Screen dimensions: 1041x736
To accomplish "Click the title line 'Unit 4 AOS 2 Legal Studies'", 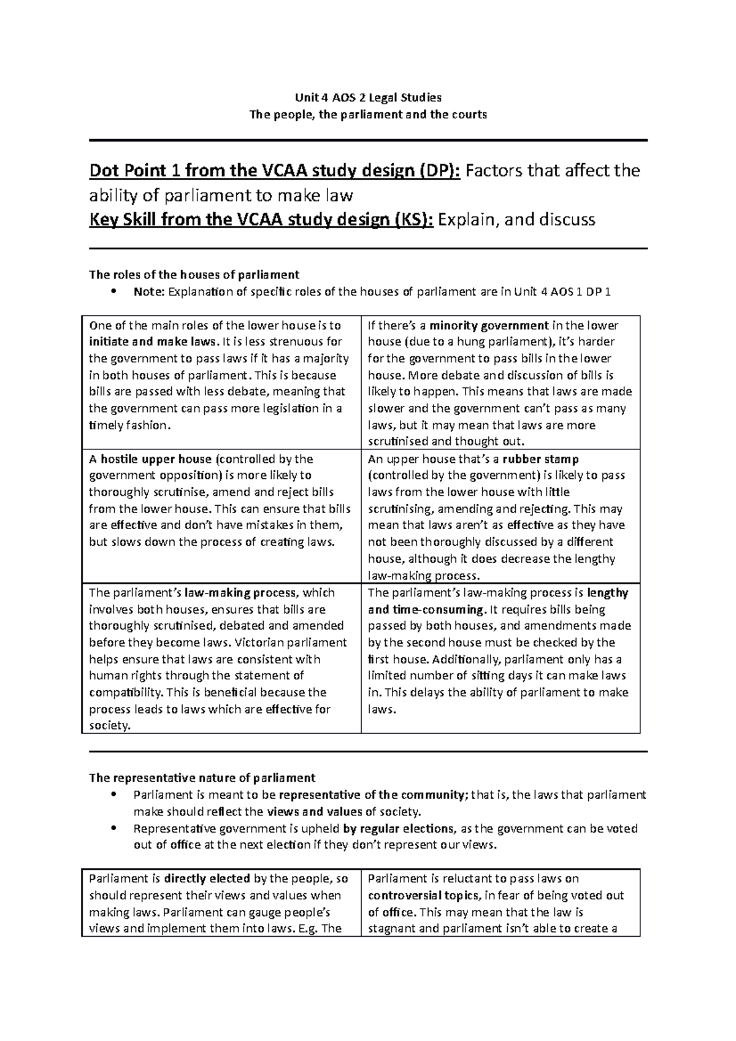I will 368,97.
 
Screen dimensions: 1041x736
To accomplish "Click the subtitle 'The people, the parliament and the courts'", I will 368,114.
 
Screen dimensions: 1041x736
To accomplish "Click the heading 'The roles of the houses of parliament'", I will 194,275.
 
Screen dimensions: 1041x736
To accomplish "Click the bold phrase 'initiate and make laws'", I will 151,341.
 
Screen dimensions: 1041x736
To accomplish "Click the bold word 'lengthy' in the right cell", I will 607,592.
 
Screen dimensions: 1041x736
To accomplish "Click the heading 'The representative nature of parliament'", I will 202,778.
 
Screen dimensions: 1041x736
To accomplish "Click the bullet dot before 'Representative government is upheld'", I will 111,828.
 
